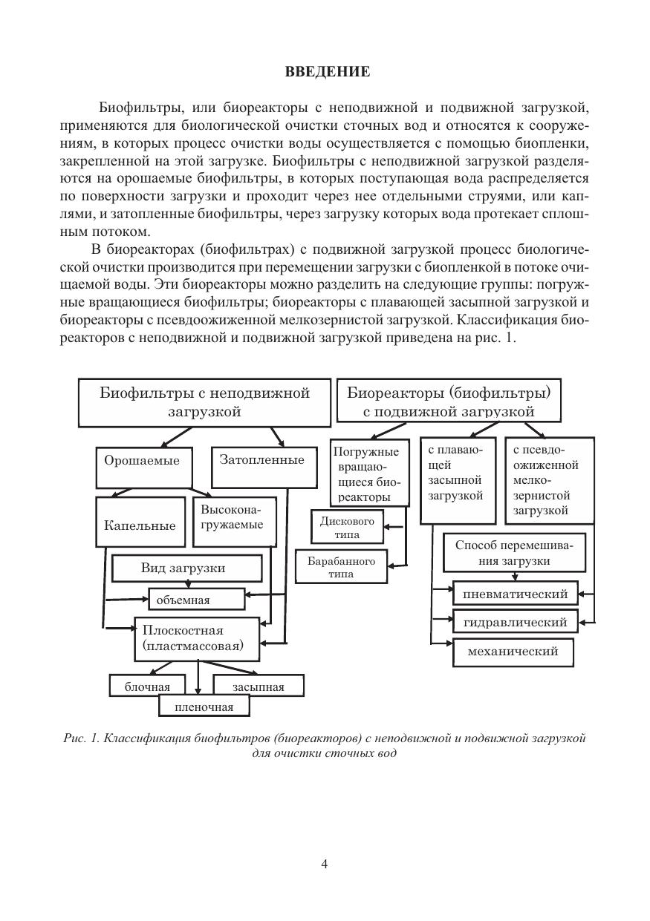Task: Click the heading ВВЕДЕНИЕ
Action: click(x=327, y=72)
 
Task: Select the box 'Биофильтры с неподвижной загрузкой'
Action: click(x=204, y=401)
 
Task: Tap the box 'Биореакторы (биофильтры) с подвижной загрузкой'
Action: click(x=449, y=401)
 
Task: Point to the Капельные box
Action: click(x=140, y=525)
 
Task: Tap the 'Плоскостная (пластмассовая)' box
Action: click(x=196, y=638)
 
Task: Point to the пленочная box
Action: click(x=204, y=707)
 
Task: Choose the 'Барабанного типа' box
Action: click(x=342, y=567)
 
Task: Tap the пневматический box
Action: click(x=515, y=594)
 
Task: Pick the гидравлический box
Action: click(x=515, y=622)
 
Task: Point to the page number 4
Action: click(x=325, y=863)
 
